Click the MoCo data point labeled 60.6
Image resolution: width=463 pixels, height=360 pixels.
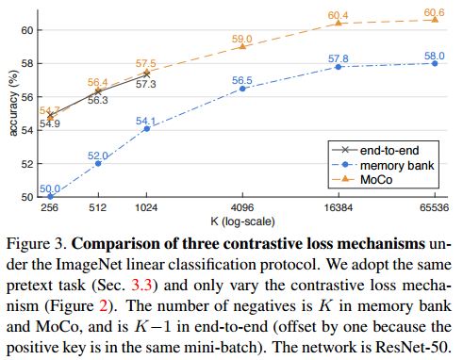click(435, 20)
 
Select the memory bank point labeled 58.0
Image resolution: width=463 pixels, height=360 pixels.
click(435, 63)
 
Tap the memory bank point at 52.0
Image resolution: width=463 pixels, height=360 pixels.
click(98, 164)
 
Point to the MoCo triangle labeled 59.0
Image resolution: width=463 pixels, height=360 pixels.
click(242, 46)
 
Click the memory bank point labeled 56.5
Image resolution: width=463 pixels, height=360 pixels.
click(242, 89)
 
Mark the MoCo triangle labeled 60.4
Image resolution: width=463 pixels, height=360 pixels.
click(339, 23)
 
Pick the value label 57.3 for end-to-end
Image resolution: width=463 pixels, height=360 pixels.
click(146, 84)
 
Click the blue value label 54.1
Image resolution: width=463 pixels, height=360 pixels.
click(145, 121)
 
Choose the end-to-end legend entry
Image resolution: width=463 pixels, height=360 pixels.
click(375, 151)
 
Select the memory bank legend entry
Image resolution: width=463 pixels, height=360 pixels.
click(383, 165)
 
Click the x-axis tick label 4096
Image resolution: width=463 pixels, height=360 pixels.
click(242, 207)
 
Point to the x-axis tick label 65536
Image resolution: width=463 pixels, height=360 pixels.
click(435, 207)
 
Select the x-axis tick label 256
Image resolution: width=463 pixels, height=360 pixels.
click(49, 207)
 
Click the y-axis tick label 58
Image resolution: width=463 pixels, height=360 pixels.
click(27, 64)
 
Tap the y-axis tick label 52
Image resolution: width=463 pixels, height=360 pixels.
click(27, 164)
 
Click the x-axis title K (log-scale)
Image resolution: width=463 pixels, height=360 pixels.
click(242, 221)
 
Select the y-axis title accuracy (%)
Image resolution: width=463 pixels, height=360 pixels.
click(13, 104)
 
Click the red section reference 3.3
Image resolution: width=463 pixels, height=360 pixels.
click(141, 286)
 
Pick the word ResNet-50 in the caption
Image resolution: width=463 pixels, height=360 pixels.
click(413, 347)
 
